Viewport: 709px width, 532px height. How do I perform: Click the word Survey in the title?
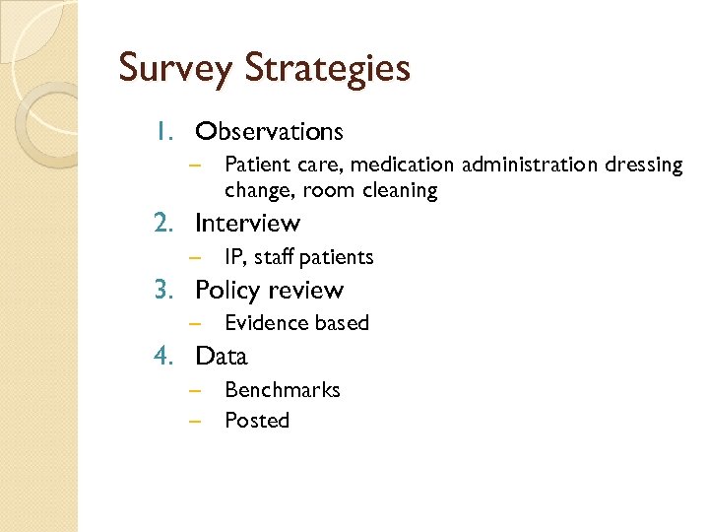(x=174, y=69)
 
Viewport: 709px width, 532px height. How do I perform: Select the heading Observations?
(x=269, y=131)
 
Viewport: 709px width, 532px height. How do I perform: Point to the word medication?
(x=401, y=165)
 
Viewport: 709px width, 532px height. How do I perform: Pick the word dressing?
(x=644, y=166)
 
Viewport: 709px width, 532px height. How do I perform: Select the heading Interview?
(x=247, y=224)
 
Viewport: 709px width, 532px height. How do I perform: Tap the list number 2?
(x=163, y=224)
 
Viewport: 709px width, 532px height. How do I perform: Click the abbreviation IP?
(x=234, y=257)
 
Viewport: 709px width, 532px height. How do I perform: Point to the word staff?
(x=273, y=257)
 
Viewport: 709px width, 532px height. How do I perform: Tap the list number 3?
(x=163, y=291)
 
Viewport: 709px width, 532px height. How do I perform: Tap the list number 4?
(x=163, y=357)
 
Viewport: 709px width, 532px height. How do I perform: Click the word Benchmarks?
(x=282, y=390)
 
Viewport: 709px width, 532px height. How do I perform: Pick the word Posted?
(x=256, y=421)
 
